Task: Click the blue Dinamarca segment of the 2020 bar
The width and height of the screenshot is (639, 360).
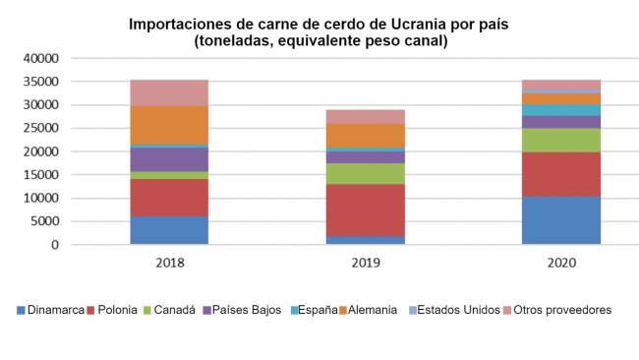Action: coord(560,219)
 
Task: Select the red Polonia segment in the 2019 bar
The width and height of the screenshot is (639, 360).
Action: coord(365,210)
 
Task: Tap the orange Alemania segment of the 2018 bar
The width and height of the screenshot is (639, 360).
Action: coord(169,125)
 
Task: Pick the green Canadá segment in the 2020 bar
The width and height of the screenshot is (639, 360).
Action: coord(560,140)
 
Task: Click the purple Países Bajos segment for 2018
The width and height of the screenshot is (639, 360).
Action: coord(169,159)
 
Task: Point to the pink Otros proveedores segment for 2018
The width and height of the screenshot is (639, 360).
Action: coord(169,92)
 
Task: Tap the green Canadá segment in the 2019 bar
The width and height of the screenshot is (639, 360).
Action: coord(365,174)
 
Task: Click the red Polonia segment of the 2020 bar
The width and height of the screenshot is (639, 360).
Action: coord(560,173)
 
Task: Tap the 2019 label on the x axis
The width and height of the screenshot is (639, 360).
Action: coord(365,264)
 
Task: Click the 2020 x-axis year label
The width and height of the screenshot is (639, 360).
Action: coord(560,264)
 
